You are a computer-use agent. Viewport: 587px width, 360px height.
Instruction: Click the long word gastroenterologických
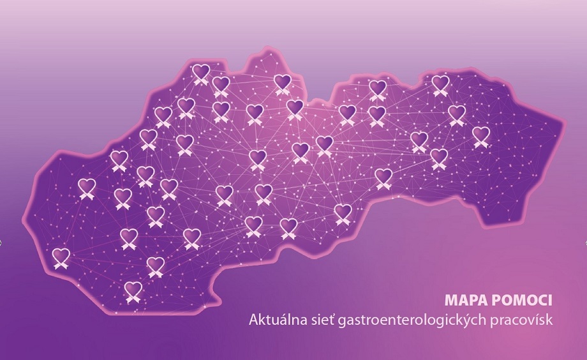coord(411,319)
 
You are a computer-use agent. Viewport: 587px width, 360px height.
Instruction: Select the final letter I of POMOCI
coord(550,299)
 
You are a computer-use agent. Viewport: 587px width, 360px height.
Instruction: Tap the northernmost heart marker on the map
coord(202,71)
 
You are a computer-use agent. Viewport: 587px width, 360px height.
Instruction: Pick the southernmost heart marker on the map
coord(133,289)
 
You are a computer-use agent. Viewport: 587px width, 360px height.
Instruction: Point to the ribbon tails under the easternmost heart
coord(481,144)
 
